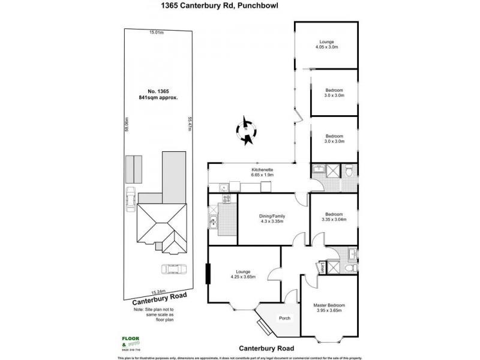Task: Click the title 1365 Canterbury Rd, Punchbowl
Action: click(239, 8)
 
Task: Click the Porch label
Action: click(284, 318)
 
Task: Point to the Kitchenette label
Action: click(262, 173)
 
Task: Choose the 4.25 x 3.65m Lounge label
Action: click(243, 274)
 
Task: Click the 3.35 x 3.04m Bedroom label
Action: click(334, 218)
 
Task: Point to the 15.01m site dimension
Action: click(157, 34)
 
